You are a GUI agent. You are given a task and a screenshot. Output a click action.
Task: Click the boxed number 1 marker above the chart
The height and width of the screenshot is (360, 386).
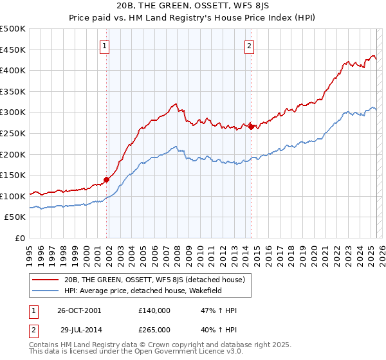pos(104,45)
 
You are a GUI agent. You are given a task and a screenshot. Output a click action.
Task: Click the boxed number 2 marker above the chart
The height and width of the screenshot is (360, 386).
pos(249,45)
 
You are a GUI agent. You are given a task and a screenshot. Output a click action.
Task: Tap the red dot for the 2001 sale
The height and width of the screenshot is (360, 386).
pos(107,180)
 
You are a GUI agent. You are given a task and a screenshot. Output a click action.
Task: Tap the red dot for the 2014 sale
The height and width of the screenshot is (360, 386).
pos(251,127)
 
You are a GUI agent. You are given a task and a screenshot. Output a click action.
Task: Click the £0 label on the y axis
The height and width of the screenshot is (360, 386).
pos(20,238)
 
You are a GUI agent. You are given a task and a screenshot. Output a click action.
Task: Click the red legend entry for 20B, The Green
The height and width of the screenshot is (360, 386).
pos(154,280)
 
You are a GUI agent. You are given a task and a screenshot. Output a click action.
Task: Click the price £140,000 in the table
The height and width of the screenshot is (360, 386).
pos(154,310)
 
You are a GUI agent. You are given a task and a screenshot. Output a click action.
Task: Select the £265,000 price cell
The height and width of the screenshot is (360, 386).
pos(154,329)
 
